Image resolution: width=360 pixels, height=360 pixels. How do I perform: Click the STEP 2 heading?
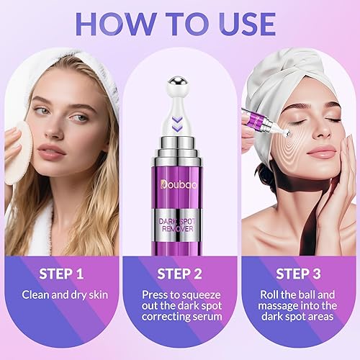(x=180, y=274)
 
